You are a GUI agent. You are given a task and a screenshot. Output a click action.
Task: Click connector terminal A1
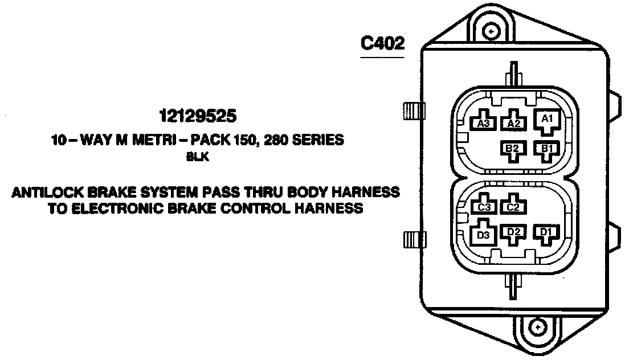(546, 120)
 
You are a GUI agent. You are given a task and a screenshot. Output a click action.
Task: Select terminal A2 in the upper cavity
(514, 122)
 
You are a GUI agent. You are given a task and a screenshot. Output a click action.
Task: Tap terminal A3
(484, 122)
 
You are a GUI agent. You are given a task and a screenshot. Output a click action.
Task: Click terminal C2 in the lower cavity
(512, 207)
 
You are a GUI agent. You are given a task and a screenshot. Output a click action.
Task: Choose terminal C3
(484, 207)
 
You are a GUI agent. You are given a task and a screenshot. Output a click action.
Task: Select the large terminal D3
(483, 235)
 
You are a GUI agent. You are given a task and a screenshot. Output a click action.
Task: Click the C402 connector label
(383, 44)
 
